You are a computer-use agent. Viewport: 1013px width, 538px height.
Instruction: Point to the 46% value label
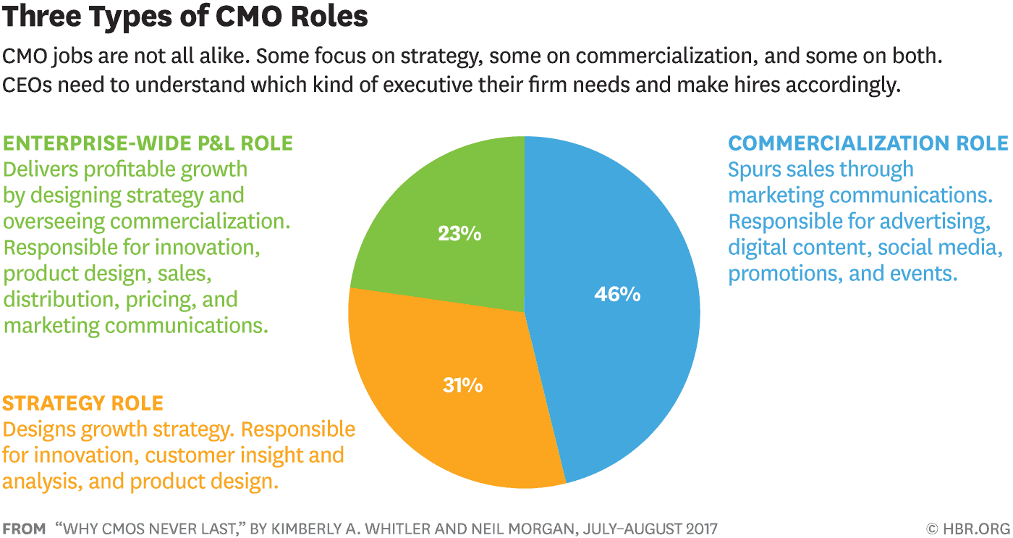click(617, 295)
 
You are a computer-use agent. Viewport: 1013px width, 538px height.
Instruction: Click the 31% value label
click(462, 385)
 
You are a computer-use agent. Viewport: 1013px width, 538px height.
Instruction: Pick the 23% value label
click(459, 235)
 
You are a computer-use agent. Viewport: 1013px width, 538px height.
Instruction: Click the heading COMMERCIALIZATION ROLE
click(868, 143)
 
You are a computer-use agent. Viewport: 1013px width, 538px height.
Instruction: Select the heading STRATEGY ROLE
click(83, 403)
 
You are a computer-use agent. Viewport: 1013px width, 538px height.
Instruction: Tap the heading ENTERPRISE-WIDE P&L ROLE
click(148, 143)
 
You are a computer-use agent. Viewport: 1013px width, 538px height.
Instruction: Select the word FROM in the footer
click(23, 528)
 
